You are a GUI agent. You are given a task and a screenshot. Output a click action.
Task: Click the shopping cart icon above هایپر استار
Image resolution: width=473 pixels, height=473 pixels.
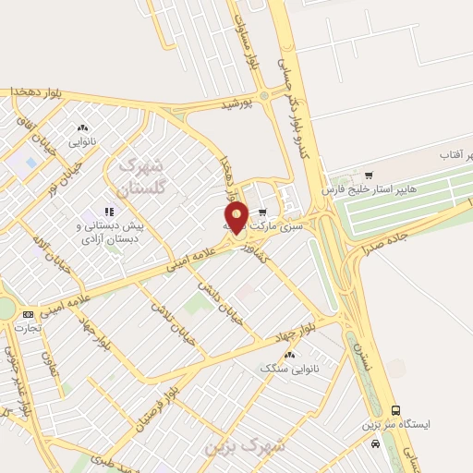[x=369, y=173]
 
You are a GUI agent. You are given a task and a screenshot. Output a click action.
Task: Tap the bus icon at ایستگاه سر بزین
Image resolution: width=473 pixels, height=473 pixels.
[x=395, y=410]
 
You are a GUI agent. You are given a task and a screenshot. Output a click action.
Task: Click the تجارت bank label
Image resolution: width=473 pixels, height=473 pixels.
[x=28, y=328]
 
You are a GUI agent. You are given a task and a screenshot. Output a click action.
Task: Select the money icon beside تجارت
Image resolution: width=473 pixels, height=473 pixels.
[x=28, y=314]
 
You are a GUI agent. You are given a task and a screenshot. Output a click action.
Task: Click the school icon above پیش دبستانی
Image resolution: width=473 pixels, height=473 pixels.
[x=108, y=212]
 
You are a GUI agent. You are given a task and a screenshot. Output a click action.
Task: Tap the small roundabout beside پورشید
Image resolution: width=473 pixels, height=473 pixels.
[x=264, y=95]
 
